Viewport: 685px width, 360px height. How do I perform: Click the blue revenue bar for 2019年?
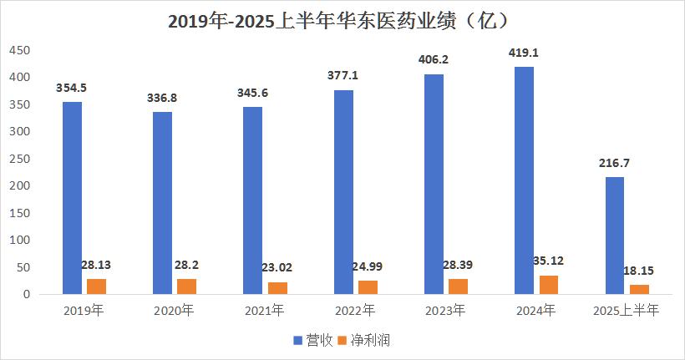tap(72, 198)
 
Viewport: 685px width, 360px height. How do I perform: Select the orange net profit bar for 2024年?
tap(548, 285)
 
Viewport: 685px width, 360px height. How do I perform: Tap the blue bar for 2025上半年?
tap(614, 236)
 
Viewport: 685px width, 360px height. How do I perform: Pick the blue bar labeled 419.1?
tap(524, 180)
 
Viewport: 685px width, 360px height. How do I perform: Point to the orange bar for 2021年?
tap(277, 288)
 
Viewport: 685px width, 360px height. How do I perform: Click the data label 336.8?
tap(162, 98)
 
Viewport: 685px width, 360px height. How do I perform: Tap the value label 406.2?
tap(434, 59)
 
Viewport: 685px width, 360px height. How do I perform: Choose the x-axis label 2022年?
tap(354, 311)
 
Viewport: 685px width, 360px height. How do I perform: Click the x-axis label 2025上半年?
tap(626, 311)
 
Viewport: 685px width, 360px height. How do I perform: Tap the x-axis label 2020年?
tap(174, 311)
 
